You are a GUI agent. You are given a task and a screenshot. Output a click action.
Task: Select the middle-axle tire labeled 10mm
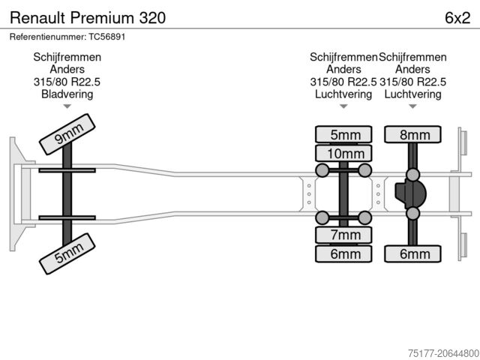pos(344,154)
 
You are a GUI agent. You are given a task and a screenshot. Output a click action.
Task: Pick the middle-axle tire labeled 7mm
pos(344,235)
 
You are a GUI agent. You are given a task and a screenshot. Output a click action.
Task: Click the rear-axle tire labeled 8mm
pos(413,135)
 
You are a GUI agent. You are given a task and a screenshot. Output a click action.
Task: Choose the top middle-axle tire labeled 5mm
pos(344,135)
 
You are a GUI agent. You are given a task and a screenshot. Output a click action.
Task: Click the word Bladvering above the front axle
pos(67,94)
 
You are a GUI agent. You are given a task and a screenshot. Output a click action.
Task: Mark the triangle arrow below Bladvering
pos(67,106)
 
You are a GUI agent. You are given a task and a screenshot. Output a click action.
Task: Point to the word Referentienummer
pos(43,36)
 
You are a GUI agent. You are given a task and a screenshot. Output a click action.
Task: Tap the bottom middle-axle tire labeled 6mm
pos(344,254)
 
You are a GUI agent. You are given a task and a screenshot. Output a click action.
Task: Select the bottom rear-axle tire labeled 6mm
pos(413,254)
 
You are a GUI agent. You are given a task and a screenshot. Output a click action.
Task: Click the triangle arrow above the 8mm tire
pos(413,106)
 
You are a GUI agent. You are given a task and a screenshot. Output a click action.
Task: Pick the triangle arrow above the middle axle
pos(343,106)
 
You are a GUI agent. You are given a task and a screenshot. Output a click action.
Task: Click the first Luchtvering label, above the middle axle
pos(343,94)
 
